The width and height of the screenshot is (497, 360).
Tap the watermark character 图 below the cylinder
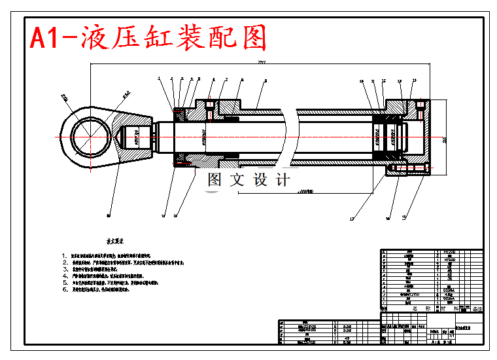214,180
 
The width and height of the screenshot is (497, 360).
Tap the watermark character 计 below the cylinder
283,180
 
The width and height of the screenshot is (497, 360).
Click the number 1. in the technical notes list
64,255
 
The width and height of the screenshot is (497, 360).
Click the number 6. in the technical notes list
64,289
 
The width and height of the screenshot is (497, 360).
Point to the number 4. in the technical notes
64,276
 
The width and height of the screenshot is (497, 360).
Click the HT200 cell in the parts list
449,251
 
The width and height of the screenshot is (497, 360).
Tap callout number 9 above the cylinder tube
266,81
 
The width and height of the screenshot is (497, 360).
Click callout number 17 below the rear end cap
351,218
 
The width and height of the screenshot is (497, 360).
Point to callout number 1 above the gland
159,79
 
